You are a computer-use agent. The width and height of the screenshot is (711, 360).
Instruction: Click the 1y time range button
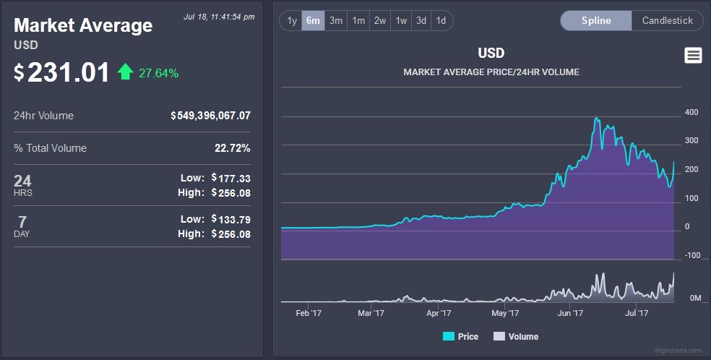(x=292, y=20)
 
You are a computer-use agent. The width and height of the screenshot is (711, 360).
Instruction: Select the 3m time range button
(x=336, y=20)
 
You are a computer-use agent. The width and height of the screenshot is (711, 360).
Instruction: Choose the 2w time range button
(x=380, y=20)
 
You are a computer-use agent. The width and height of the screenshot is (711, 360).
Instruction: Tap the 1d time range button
(x=441, y=20)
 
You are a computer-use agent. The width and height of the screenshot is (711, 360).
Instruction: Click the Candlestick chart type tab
(x=667, y=20)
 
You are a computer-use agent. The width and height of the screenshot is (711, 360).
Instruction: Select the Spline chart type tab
(x=596, y=20)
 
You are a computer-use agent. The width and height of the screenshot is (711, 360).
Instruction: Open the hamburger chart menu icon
(x=693, y=56)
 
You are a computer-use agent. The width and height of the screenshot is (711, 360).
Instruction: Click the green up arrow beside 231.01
(x=126, y=72)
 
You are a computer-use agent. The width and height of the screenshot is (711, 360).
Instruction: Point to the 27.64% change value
(x=160, y=73)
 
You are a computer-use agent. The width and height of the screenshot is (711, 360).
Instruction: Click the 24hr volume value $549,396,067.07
(x=211, y=116)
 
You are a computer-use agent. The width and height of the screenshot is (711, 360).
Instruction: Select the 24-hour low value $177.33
(x=231, y=178)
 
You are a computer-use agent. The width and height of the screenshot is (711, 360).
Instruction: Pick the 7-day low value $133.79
(x=231, y=219)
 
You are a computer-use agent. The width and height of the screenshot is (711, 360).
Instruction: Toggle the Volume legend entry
(x=516, y=336)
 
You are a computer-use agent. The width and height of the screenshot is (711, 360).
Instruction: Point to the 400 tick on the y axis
(x=691, y=112)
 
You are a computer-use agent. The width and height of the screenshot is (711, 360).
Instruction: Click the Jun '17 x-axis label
(x=570, y=313)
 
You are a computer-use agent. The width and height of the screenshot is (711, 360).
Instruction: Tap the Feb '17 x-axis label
(x=309, y=313)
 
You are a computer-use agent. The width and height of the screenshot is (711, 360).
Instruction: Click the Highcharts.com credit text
(x=678, y=351)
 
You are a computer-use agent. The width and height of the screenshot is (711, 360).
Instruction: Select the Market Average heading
(x=83, y=26)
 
